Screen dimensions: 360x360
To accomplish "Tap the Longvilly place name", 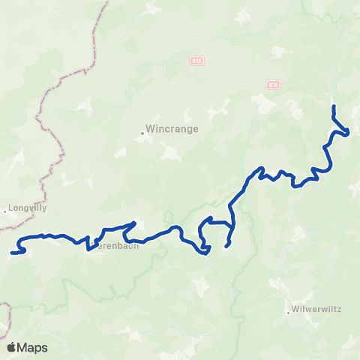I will (x=27, y=208).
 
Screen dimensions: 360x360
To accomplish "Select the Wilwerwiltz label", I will (x=310, y=308).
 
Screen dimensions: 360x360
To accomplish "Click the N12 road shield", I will (x=197, y=60).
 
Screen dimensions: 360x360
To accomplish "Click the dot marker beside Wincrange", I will (x=142, y=133).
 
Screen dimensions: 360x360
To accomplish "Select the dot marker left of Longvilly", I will (x=4, y=211).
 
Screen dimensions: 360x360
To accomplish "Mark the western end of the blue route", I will (x=12, y=253).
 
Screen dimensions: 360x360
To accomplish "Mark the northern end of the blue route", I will (x=333, y=106).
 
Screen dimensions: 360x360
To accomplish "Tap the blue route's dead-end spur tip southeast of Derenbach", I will (x=226, y=246).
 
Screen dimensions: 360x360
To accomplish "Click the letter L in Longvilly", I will (x=10, y=208).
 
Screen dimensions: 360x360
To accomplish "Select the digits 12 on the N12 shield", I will (x=199, y=60).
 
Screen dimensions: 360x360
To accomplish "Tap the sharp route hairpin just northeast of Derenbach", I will (x=133, y=223).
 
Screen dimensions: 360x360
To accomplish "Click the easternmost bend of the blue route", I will (x=349, y=133).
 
